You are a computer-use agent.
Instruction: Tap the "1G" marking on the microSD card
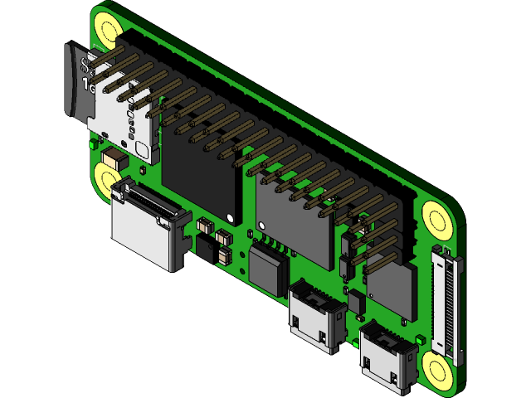[x=89, y=84]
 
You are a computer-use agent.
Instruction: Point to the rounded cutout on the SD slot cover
[x=142, y=152]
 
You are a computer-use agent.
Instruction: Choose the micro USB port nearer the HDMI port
[x=317, y=315]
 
